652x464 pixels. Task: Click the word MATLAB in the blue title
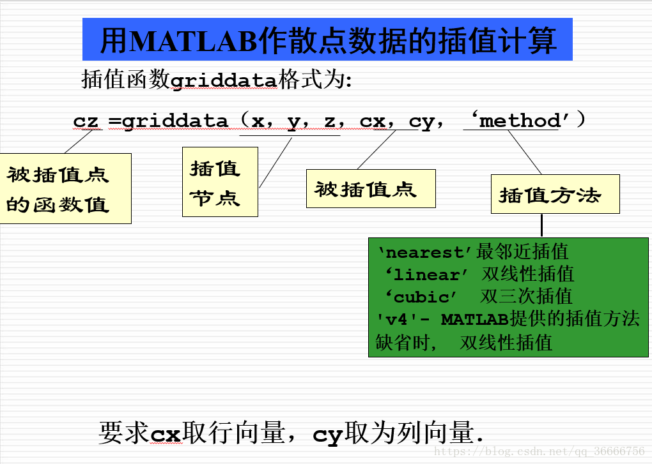pos(193,40)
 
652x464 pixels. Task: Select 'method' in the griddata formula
pos(520,121)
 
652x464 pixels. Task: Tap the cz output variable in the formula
pos(86,121)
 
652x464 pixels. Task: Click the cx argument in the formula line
pos(373,121)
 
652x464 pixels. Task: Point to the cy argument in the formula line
pos(422,122)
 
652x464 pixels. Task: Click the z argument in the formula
pos(329,121)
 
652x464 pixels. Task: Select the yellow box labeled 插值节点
pos(220,182)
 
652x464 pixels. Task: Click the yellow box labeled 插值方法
pos(555,194)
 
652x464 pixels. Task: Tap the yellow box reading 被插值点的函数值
pos(65,188)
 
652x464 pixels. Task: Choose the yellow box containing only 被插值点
pos(371,188)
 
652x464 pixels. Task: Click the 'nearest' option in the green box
pos(424,252)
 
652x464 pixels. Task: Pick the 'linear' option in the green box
pos(426,274)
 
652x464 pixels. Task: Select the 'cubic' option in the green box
pos(421,297)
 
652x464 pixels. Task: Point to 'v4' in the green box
pos(396,319)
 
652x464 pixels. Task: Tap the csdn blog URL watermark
pos(539,451)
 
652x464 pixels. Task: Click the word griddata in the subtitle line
pos(224,80)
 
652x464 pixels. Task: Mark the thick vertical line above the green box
pos(541,225)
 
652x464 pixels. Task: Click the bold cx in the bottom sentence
pos(166,434)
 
